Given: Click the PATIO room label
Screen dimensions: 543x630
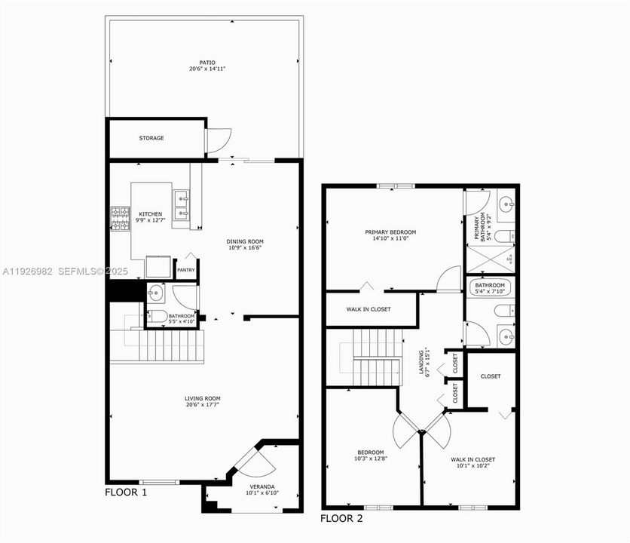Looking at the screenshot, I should [x=207, y=63].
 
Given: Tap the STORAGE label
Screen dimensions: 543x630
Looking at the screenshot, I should [x=151, y=138].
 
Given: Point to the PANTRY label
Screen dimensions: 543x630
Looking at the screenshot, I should [x=185, y=270].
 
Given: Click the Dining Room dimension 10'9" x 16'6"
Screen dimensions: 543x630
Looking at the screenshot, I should [x=246, y=247].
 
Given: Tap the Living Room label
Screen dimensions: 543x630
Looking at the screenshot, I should [x=203, y=398].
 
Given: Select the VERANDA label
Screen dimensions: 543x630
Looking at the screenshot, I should [x=262, y=486].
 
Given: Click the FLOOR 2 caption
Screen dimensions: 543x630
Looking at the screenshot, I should [x=342, y=518].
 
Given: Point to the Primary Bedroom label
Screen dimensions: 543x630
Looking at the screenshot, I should [x=390, y=232].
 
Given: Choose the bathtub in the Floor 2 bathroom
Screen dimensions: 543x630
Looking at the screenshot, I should [x=490, y=287].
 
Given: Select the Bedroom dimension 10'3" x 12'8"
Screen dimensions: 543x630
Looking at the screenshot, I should [x=371, y=459].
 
